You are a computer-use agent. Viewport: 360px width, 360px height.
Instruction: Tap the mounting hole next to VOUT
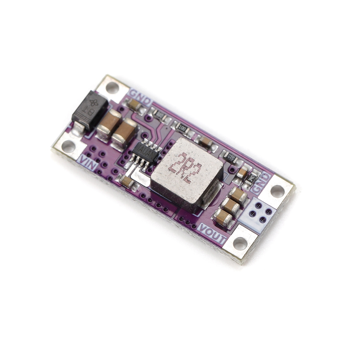240,244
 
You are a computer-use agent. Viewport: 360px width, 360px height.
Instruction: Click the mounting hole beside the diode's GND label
112,87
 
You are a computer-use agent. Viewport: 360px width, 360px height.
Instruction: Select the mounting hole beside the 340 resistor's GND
277,191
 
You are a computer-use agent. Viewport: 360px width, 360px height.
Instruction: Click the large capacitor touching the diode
109,124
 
